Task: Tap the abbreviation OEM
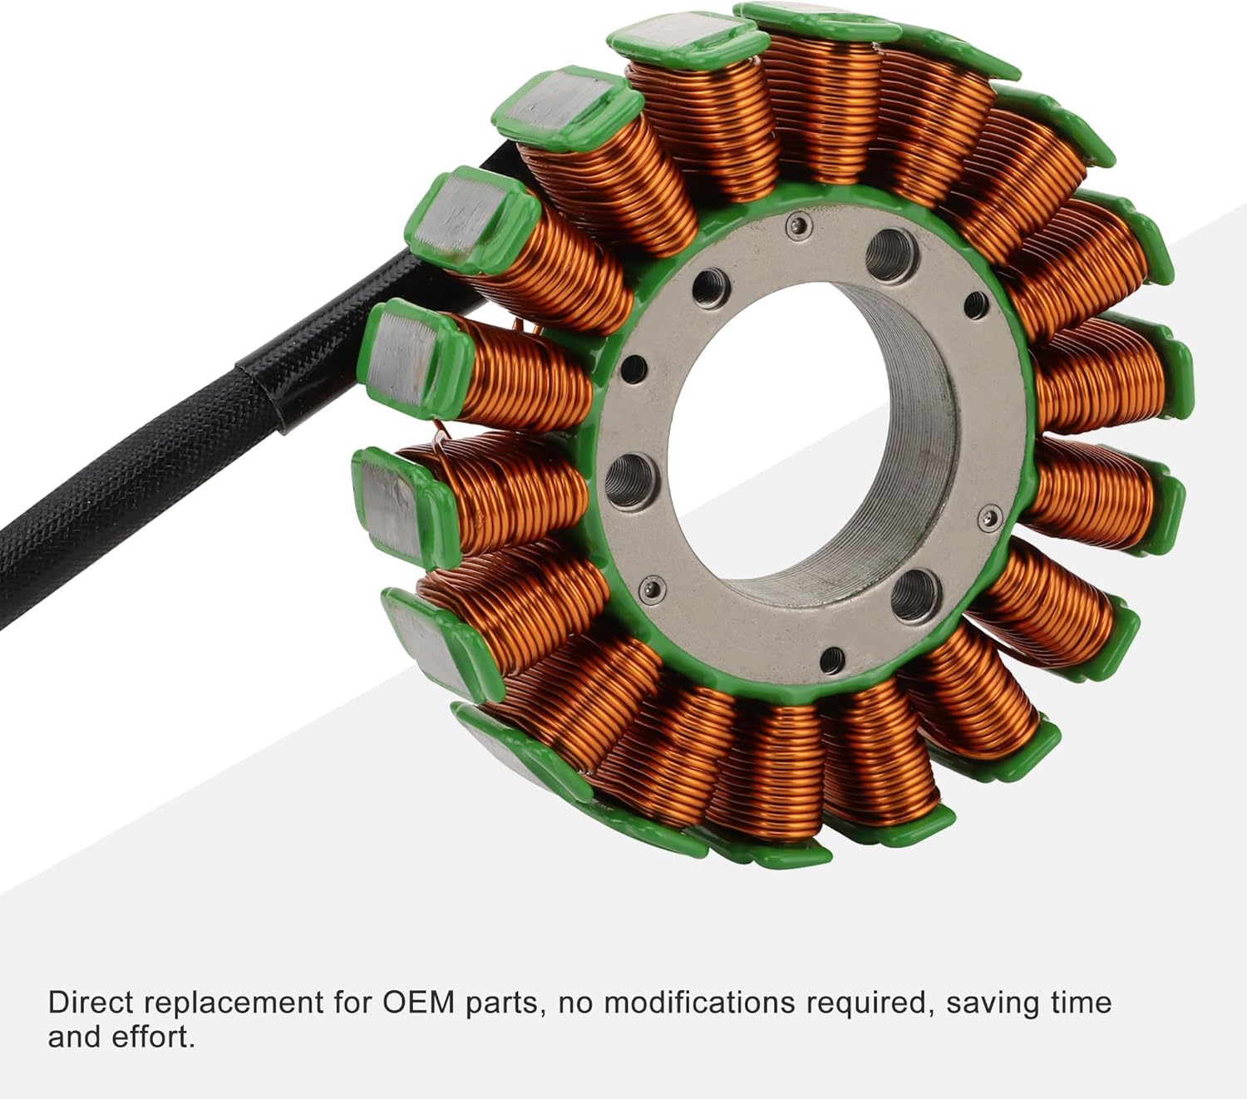(x=419, y=1003)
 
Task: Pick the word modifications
(x=699, y=1003)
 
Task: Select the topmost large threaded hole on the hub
(x=892, y=249)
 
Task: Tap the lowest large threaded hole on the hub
(x=914, y=594)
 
